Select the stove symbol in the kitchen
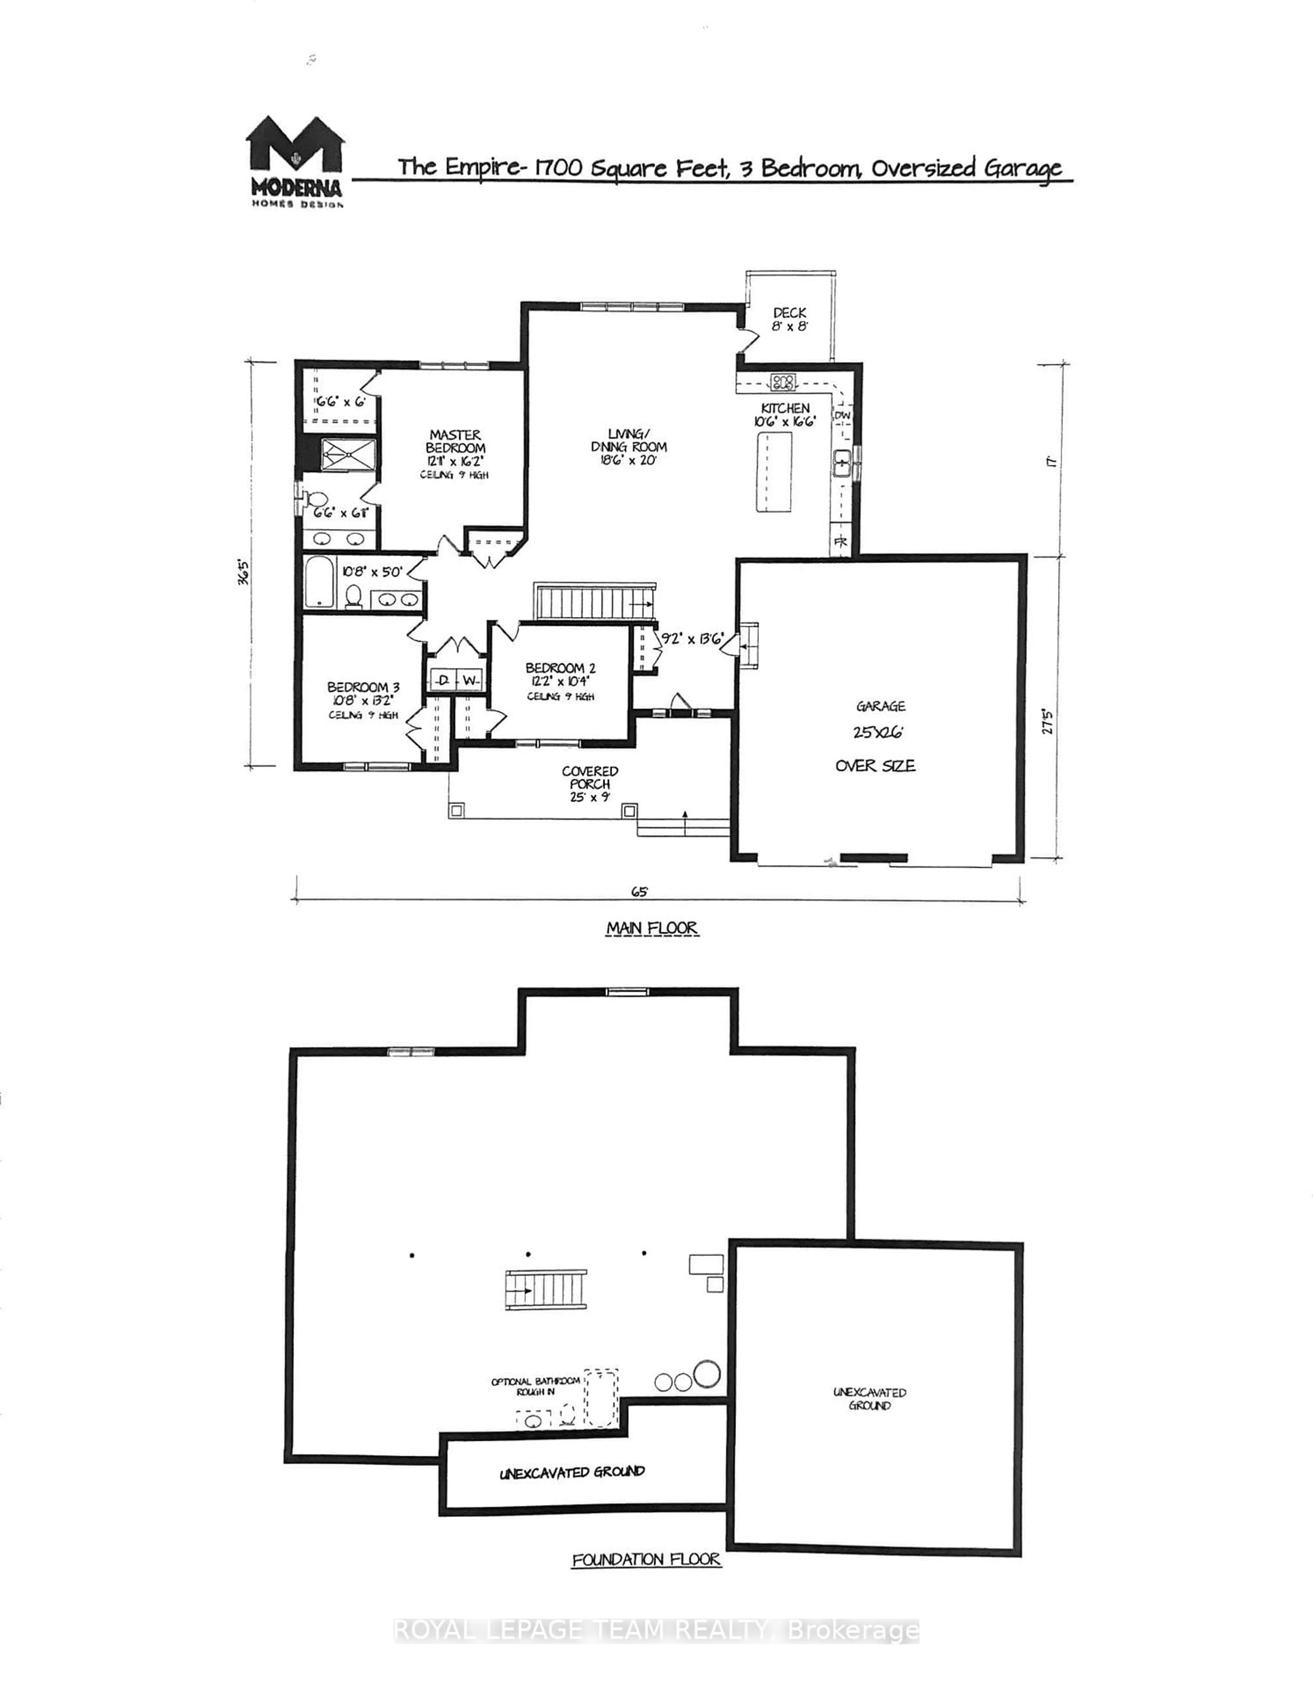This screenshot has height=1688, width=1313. pos(783,381)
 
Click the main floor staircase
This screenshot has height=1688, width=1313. pos(594,602)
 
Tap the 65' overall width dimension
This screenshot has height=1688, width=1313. pos(638,891)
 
